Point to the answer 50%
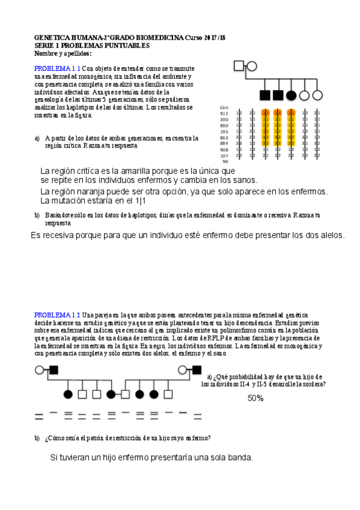tap(255, 398)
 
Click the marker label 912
tap(224, 113)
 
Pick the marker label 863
tap(224, 138)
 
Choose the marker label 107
tap(224, 155)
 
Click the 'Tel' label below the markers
tap(225, 161)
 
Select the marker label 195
tap(224, 131)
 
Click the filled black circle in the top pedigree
tap(291, 94)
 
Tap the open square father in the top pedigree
tap(239, 66)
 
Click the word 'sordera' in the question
tap(314, 384)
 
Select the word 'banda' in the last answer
tap(237, 458)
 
